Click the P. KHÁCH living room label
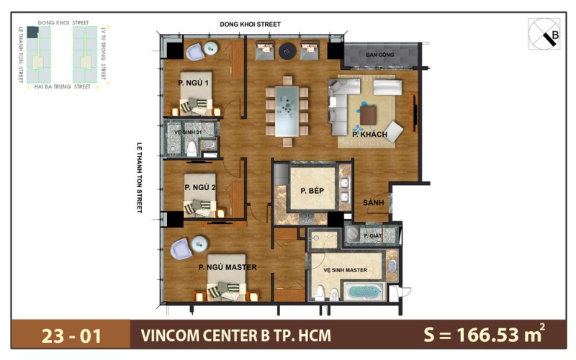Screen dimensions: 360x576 [x=370, y=135]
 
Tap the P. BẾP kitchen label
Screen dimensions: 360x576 [x=304, y=191]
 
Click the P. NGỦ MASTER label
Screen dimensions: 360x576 [x=228, y=267]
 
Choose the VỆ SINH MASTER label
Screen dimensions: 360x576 [x=345, y=271]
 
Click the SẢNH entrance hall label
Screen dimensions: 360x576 [x=372, y=202]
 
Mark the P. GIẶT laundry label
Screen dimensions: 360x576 [x=372, y=235]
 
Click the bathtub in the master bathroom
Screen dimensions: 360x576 [x=365, y=292]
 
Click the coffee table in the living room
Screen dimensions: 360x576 [x=369, y=114]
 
